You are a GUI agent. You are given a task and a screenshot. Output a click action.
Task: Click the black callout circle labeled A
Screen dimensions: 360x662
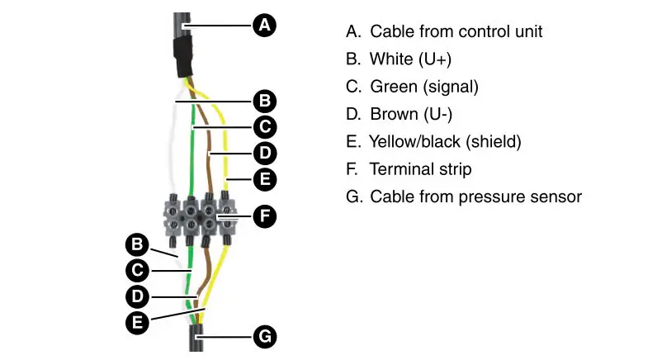click(x=264, y=26)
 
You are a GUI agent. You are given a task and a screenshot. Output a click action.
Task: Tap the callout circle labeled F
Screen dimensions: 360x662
click(x=264, y=217)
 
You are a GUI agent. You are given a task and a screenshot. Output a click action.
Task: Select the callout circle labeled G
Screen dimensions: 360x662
click(x=264, y=337)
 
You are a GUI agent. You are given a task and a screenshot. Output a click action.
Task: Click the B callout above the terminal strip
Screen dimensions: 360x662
click(x=264, y=101)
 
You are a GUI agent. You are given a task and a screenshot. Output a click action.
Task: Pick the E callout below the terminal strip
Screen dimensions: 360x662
click(x=136, y=321)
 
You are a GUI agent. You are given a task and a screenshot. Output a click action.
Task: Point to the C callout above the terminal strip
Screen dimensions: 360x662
click(x=264, y=126)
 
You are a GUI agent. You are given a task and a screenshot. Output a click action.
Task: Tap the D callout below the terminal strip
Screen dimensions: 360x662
click(x=136, y=296)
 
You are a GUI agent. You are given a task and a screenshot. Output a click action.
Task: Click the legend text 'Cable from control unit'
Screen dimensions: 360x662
click(x=456, y=31)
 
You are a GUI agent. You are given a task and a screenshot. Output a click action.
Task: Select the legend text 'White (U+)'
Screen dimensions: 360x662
click(x=410, y=59)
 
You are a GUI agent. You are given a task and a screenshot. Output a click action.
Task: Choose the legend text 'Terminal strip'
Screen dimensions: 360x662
click(x=420, y=169)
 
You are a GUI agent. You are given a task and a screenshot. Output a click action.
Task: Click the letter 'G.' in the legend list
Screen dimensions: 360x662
click(x=353, y=197)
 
